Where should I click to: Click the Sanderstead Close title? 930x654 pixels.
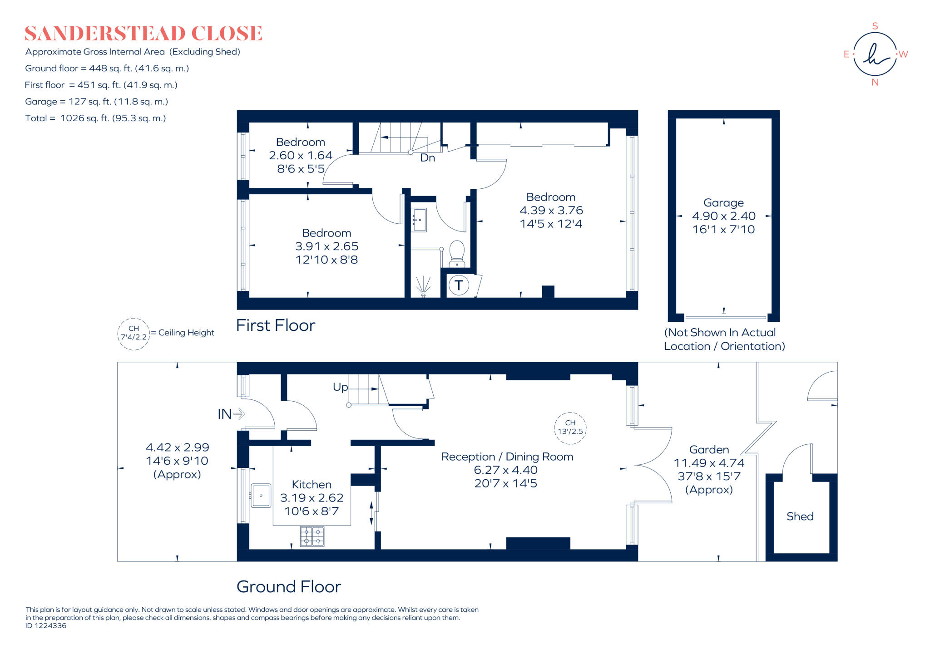coord(143,34)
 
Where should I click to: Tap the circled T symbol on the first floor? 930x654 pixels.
coord(459,285)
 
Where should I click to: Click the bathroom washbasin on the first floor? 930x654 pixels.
coord(419,220)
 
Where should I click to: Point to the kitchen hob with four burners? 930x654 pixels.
coord(312,536)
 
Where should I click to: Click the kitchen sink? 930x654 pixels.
coord(261,496)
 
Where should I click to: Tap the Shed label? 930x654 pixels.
coord(800,516)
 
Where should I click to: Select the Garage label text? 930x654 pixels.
coord(723,203)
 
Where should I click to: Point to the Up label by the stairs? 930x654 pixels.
coord(340,387)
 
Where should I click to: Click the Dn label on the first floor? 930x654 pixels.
coord(427,158)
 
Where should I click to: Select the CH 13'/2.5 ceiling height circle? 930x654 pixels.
coord(570,427)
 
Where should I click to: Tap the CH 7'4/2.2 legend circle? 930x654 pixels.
coord(134,334)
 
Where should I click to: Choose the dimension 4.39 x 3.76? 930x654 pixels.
coord(551,211)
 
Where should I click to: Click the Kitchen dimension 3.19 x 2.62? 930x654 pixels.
coord(312,498)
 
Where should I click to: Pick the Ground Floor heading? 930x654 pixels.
coord(288,587)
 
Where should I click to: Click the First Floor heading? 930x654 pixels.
coord(275,325)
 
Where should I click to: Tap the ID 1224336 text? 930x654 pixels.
coord(46,625)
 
